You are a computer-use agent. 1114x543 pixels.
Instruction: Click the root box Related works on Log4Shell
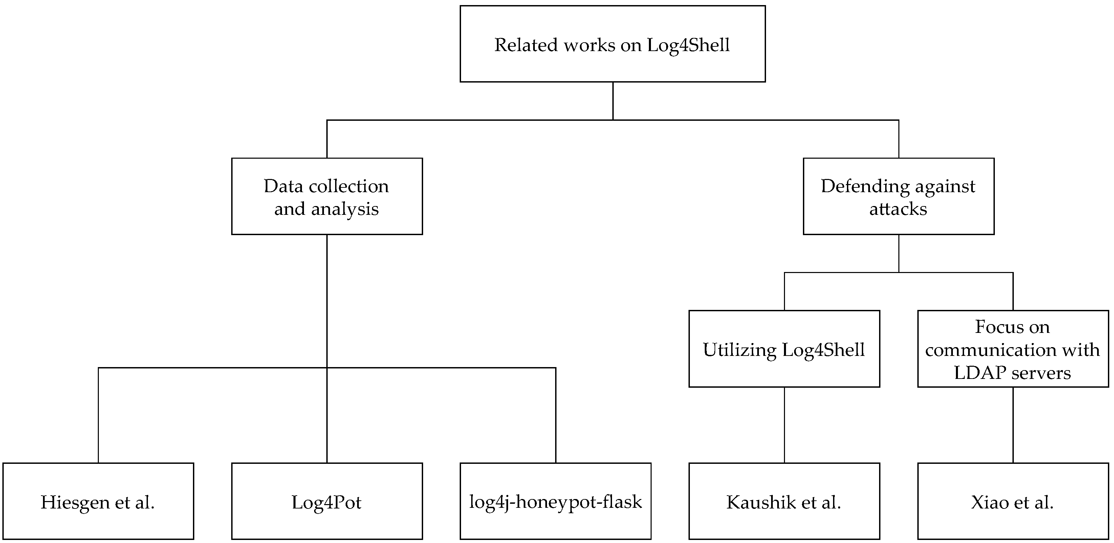[612, 44]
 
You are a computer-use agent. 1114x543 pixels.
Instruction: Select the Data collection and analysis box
[327, 196]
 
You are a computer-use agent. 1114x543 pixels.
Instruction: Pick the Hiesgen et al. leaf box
[98, 501]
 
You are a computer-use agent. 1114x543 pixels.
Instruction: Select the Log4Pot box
[327, 501]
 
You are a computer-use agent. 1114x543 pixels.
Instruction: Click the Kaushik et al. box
[784, 501]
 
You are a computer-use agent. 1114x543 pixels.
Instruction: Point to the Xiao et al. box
[1012, 501]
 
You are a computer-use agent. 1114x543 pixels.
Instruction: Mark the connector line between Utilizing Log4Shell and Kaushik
[784, 425]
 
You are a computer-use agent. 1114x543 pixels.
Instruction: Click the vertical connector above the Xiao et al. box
[1013, 425]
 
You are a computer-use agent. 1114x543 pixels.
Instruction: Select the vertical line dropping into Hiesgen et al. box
[98, 415]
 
